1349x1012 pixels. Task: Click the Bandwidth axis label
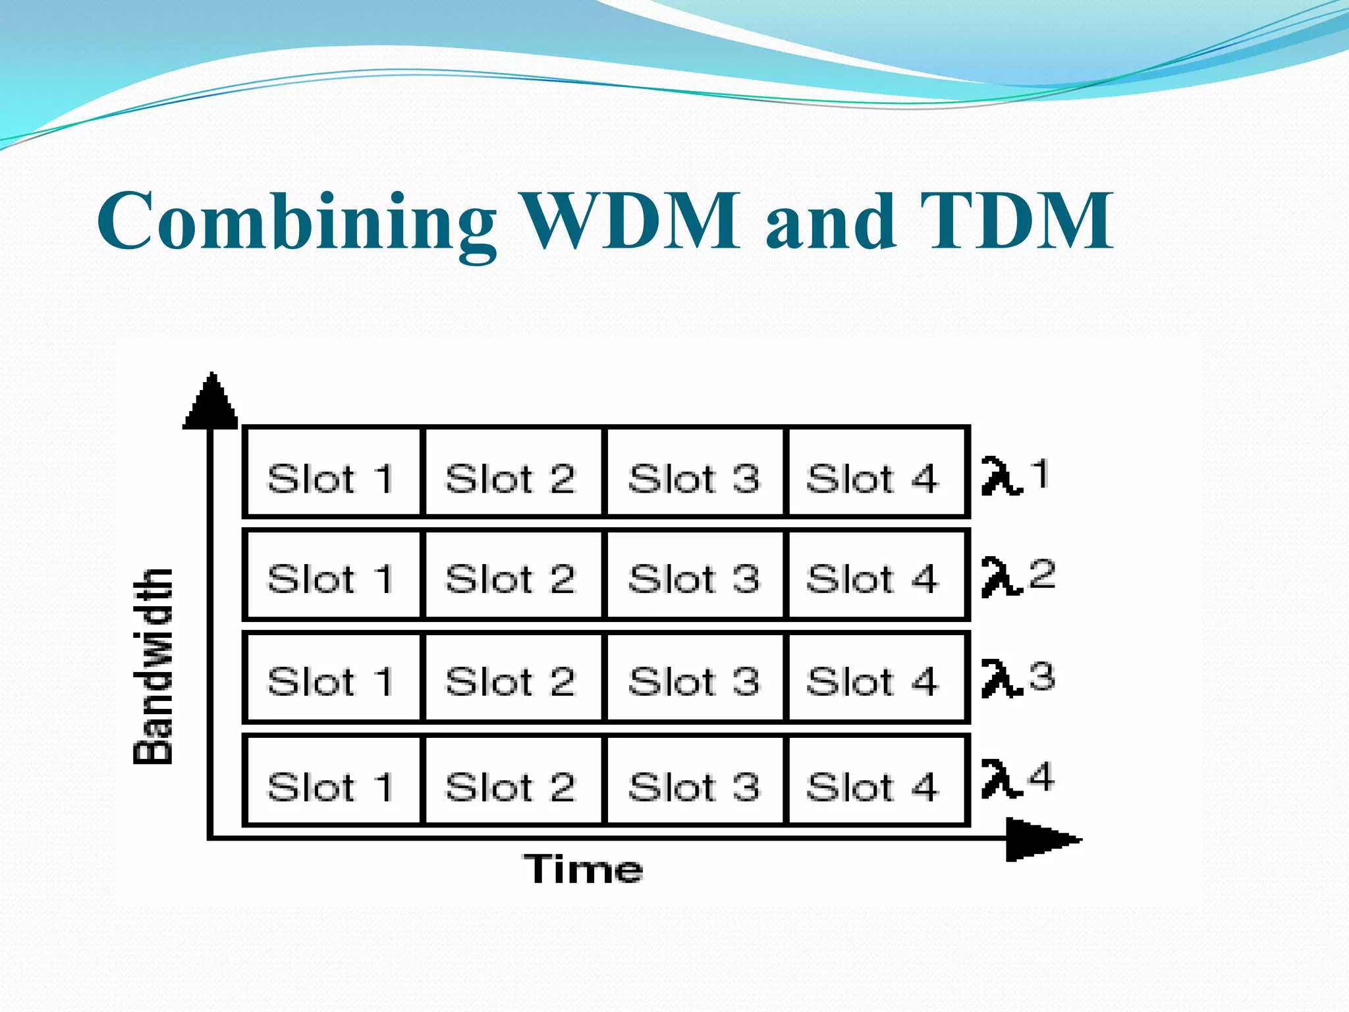coord(153,665)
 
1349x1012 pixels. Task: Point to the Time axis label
coord(584,869)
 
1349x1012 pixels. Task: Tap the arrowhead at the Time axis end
coord(1041,839)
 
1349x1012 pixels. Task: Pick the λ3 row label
coord(1018,678)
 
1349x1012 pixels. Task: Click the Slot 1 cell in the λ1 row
coord(332,472)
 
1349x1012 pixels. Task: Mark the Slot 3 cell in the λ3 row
coord(694,677)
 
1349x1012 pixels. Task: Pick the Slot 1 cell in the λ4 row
coord(332,781)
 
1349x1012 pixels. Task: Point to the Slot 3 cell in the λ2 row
coord(694,575)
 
